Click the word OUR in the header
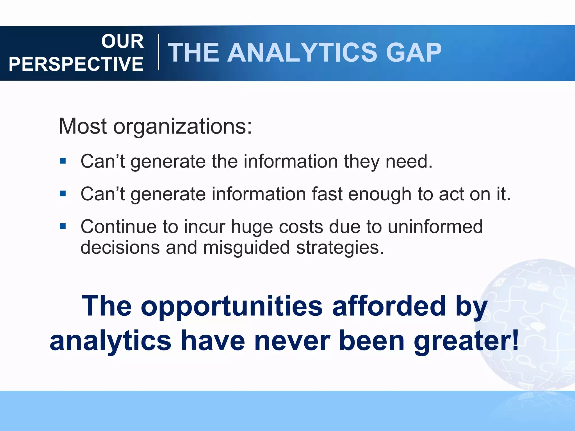click(x=122, y=41)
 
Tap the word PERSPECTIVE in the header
click(x=76, y=64)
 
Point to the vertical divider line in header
click(x=159, y=52)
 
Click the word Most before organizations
click(x=83, y=126)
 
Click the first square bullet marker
click(x=63, y=161)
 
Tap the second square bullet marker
click(x=63, y=194)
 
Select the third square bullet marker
click(x=63, y=226)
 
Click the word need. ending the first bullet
click(x=409, y=162)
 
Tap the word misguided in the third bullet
click(x=246, y=248)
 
